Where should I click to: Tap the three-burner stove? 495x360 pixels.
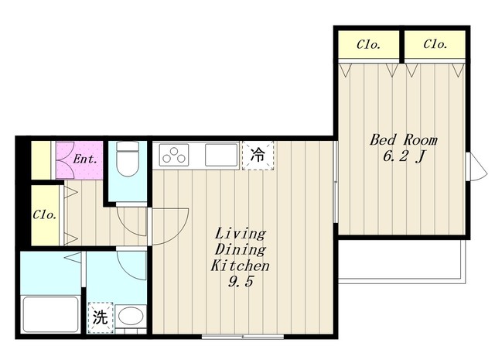[x=174, y=155]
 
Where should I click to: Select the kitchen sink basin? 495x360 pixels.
[x=221, y=155]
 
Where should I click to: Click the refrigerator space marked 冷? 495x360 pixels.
[x=258, y=156]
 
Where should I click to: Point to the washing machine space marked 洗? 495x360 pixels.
[x=100, y=317]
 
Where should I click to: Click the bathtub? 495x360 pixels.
[x=50, y=314]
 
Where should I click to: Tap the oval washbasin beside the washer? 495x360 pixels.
[x=131, y=316]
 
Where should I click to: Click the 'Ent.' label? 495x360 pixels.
[x=84, y=159]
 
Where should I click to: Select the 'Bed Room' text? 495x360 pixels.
[x=404, y=140]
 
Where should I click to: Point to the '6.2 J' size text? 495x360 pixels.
[x=404, y=156]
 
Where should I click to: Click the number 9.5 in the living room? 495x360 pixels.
[x=241, y=282]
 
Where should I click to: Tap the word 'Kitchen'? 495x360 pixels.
[x=240, y=266]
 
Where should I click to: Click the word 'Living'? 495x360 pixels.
[x=241, y=234]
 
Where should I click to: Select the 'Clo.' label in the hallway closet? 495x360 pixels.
[x=45, y=215]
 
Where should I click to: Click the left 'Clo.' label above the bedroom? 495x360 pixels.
[x=368, y=45]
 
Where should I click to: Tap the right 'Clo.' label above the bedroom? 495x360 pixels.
[x=435, y=44]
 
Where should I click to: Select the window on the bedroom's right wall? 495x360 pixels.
[x=476, y=166]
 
